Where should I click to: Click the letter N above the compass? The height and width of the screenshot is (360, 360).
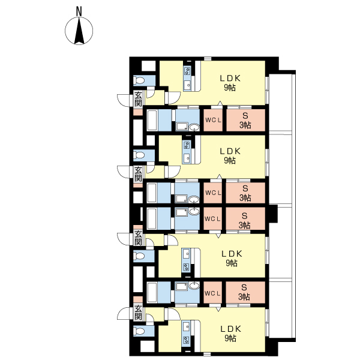click(x=79, y=11)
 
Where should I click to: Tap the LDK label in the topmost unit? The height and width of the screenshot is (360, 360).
click(x=230, y=78)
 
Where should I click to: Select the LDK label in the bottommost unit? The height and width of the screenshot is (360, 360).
click(x=231, y=329)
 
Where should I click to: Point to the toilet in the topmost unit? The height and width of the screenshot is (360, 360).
click(x=139, y=80)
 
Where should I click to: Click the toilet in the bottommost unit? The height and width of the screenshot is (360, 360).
click(x=139, y=331)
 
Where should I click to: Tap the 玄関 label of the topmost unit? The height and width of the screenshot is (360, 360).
click(x=138, y=99)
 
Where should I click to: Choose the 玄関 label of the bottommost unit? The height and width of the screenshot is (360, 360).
click(x=138, y=313)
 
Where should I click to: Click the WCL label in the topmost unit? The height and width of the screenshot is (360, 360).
click(x=213, y=120)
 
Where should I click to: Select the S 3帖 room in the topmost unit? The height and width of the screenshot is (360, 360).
click(x=245, y=120)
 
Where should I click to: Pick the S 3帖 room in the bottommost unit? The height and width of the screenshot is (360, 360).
click(x=245, y=292)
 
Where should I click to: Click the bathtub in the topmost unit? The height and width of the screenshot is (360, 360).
click(x=152, y=121)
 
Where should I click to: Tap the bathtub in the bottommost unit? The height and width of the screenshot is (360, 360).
click(x=152, y=292)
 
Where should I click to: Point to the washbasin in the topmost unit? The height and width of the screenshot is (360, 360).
click(x=194, y=127)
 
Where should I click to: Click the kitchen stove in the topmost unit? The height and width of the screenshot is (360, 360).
click(x=187, y=71)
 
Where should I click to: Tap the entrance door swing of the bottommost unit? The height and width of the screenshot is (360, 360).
click(x=125, y=313)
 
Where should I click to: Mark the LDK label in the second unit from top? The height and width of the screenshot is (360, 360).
click(x=230, y=151)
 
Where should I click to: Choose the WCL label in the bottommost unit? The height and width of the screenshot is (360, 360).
click(x=212, y=293)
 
